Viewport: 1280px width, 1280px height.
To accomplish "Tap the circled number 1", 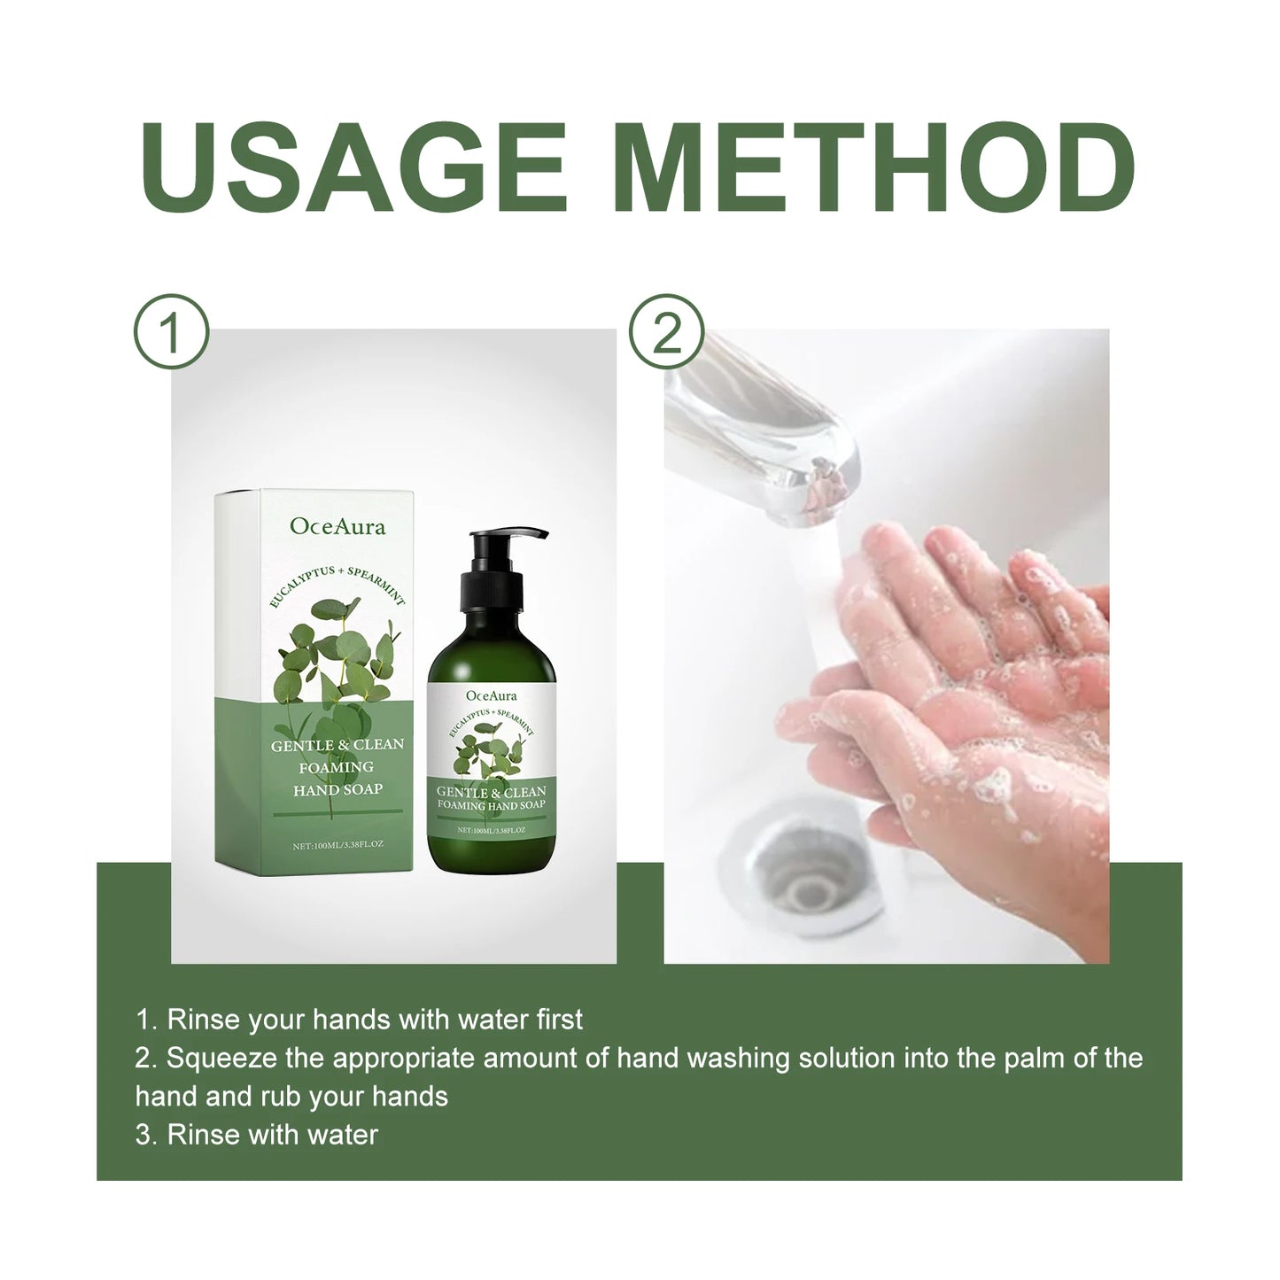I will (171, 332).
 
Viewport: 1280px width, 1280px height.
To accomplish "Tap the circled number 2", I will (666, 332).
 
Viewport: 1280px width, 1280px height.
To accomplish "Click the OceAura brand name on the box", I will (337, 527).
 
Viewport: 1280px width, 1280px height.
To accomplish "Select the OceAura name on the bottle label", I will (491, 695).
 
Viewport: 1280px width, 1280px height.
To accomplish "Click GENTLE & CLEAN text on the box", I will (337, 745).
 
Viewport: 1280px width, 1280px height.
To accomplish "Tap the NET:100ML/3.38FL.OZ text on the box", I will (337, 845).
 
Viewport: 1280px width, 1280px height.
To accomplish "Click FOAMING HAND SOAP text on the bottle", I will (491, 805).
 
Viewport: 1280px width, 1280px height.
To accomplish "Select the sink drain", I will (802, 873).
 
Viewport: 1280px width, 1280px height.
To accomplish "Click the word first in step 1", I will (559, 1020).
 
